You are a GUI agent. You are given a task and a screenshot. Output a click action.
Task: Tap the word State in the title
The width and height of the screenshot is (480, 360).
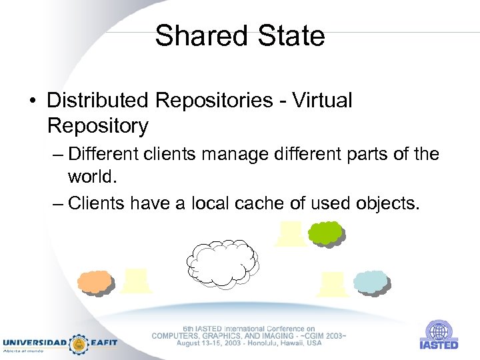pyautogui.click(x=287, y=35)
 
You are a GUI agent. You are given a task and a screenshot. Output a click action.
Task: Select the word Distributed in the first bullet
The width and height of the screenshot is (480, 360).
pyautogui.click(x=97, y=100)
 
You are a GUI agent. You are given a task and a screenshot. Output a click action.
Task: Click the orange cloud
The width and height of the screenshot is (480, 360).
pyautogui.click(x=95, y=282)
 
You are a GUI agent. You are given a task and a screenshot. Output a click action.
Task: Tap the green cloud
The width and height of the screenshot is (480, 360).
pyautogui.click(x=325, y=233)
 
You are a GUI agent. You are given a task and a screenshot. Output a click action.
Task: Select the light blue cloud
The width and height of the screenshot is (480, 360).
pyautogui.click(x=371, y=283)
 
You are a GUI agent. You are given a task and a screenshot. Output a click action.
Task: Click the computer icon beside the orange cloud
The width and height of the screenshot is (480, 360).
pyautogui.click(x=136, y=281)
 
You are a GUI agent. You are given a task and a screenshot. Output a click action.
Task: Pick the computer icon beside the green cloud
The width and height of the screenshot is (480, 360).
pyautogui.click(x=290, y=234)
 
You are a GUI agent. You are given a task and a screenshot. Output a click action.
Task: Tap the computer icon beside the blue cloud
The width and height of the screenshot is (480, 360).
pyautogui.click(x=332, y=285)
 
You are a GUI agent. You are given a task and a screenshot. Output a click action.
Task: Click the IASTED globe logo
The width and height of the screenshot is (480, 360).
pyautogui.click(x=439, y=332)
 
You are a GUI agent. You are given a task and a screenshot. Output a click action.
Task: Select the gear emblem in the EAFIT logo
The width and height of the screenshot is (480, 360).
pyautogui.click(x=79, y=343)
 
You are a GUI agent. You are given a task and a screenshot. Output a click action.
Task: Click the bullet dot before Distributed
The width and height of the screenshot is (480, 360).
pyautogui.click(x=32, y=101)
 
